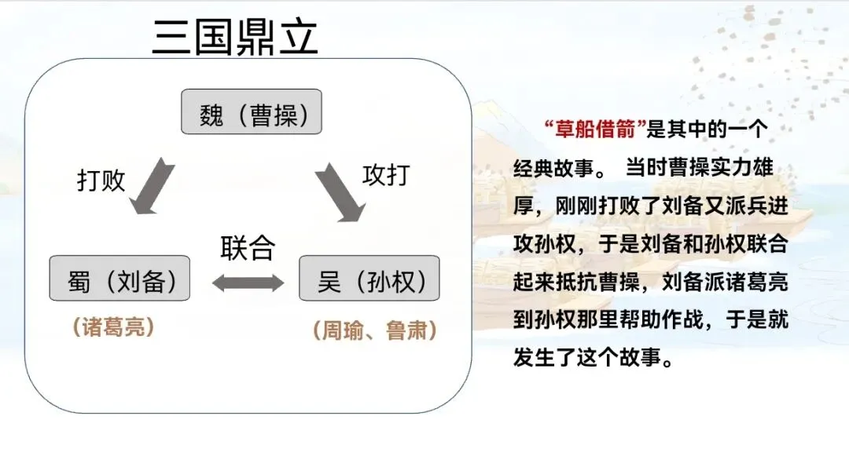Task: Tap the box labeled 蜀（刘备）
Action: tap(119, 278)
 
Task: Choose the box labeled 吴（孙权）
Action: tap(369, 278)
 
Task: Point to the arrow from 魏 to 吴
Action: tap(340, 191)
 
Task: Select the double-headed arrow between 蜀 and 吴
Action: tap(248, 283)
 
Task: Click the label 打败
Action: tap(101, 180)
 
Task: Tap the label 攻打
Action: tap(386, 174)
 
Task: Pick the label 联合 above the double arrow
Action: tap(247, 248)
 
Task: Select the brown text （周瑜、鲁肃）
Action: tap(374, 330)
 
